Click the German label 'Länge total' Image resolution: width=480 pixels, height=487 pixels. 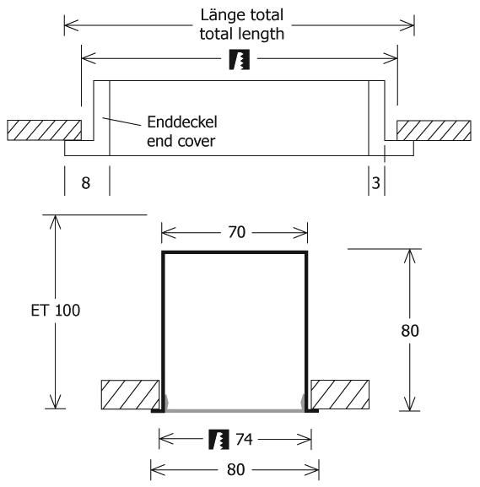point(242,15)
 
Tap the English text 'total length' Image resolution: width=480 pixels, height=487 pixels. point(242,34)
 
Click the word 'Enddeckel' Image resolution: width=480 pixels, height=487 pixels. point(182,122)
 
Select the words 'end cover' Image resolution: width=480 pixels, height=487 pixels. point(181,141)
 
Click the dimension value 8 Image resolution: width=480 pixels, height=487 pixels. point(86,183)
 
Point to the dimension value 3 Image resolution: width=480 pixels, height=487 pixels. point(375,183)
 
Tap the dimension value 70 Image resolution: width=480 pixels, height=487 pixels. point(236,232)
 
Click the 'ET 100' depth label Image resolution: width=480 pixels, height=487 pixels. point(56,310)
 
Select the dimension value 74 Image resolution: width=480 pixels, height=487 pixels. point(244,440)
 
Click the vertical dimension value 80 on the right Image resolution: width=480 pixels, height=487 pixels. point(410,331)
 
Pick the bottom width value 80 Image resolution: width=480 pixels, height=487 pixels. point(235,469)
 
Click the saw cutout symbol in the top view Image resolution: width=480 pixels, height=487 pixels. point(240,59)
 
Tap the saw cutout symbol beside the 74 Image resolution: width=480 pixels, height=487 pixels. point(218,440)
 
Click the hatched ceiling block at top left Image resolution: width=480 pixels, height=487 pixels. point(45,131)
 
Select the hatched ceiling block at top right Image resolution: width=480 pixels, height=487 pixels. point(434,131)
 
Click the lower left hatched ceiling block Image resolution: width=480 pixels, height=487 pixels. point(131,394)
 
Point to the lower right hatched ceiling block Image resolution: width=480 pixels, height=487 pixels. point(340,394)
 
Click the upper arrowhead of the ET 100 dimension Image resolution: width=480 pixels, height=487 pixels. point(56,222)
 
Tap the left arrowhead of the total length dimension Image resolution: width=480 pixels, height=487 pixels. point(72,25)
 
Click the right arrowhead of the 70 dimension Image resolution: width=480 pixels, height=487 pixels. point(300,233)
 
